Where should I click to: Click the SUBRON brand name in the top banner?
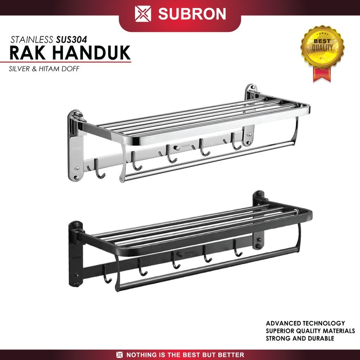tap(192, 14)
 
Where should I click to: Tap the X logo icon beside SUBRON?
tap(143, 14)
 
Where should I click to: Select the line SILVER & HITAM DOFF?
tap(44, 69)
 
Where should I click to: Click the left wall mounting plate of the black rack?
tap(76, 253)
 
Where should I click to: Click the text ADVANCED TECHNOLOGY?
tap(305, 323)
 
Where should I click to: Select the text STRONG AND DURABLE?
tap(300, 339)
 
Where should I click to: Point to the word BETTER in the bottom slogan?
tap(231, 355)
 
